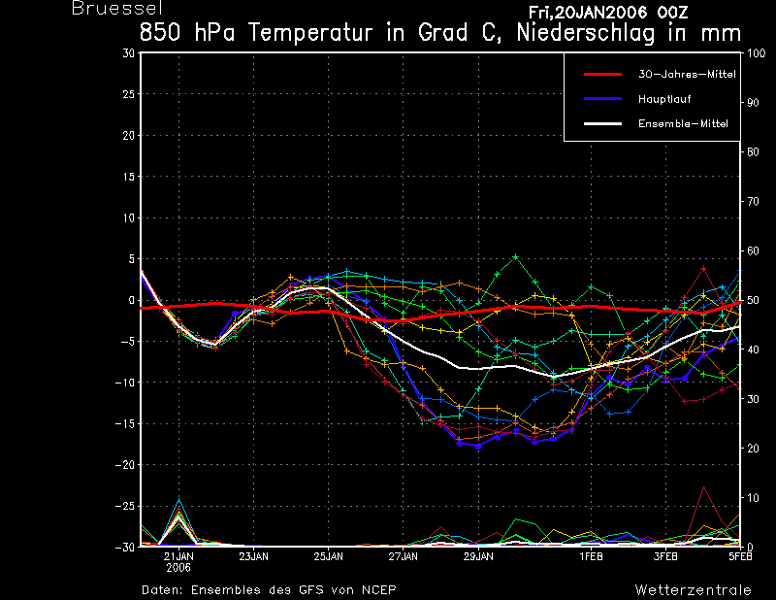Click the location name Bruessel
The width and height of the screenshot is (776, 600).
click(x=117, y=8)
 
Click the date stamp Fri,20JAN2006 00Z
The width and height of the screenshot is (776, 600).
click(x=608, y=13)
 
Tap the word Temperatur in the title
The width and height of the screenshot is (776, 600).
click(x=310, y=33)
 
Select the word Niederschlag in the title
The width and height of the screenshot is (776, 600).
click(x=586, y=33)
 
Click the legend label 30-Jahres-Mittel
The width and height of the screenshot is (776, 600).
click(x=687, y=75)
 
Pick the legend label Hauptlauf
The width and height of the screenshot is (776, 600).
click(x=664, y=99)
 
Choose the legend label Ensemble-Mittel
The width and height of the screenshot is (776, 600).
click(x=683, y=124)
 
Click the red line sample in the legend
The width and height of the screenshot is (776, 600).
click(x=602, y=75)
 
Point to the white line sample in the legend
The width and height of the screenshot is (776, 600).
click(x=602, y=124)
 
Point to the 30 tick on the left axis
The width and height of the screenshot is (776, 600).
click(x=128, y=53)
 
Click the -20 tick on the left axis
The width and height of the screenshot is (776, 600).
click(x=125, y=465)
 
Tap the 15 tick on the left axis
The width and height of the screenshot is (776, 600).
click(x=129, y=177)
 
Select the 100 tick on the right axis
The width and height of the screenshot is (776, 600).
click(x=756, y=53)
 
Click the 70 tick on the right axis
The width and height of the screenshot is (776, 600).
click(x=753, y=201)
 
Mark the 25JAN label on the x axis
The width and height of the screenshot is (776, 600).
click(x=328, y=557)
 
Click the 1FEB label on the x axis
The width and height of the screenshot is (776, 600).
click(x=591, y=557)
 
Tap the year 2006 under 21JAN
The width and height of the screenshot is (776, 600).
click(x=178, y=568)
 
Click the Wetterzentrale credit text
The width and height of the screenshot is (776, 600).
click(x=693, y=590)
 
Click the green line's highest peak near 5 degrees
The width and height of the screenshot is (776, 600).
click(x=516, y=256)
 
